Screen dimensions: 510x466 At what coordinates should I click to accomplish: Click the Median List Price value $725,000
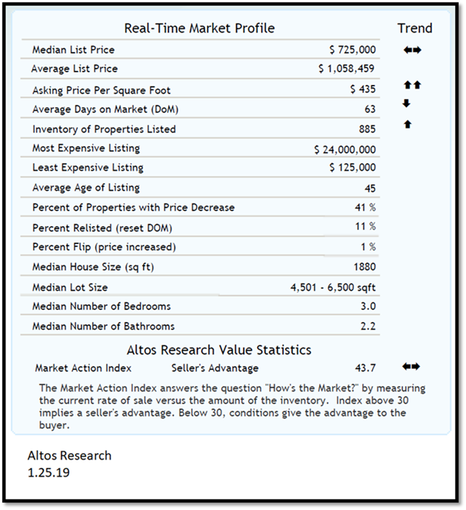click(x=353, y=50)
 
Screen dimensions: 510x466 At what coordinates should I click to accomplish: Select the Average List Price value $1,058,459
click(x=347, y=69)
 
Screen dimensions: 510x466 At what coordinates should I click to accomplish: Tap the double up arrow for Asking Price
click(x=411, y=86)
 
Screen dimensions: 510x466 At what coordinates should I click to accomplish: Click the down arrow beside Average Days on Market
click(x=406, y=104)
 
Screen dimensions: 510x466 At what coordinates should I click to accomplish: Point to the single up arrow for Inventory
click(x=407, y=125)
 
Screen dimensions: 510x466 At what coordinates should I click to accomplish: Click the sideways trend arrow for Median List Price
click(x=411, y=50)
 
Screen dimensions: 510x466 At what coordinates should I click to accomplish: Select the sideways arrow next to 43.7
click(x=411, y=367)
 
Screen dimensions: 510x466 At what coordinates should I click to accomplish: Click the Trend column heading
click(x=414, y=28)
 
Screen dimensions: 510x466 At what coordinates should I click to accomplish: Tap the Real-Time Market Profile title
click(x=199, y=28)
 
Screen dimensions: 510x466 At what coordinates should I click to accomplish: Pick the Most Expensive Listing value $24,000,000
click(x=345, y=150)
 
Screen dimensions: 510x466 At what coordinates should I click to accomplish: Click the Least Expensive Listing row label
click(x=88, y=168)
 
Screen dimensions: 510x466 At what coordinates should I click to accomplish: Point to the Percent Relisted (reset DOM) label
click(x=102, y=228)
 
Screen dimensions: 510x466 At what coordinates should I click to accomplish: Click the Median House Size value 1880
click(x=364, y=267)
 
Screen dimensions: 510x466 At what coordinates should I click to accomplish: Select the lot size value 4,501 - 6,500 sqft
click(x=333, y=287)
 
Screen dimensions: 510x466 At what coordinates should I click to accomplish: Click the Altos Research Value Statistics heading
click(x=219, y=350)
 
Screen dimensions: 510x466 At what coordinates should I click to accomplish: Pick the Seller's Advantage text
click(x=215, y=368)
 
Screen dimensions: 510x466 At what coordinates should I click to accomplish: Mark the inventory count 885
click(x=366, y=129)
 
